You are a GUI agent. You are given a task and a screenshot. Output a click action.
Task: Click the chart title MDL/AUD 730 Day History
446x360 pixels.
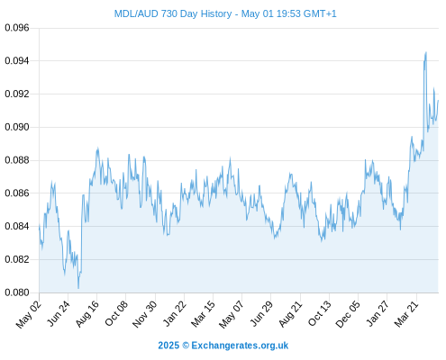pos(173,13)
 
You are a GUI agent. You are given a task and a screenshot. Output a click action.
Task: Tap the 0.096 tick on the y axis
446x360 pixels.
pos(17,28)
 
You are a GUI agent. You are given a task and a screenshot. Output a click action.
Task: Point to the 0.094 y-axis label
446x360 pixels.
pos(17,61)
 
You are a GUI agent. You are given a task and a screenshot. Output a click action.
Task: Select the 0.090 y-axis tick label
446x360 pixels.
pos(17,127)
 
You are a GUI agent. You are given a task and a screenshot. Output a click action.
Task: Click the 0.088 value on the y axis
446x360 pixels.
pos(17,160)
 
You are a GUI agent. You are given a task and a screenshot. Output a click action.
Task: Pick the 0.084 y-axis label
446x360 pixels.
pos(17,226)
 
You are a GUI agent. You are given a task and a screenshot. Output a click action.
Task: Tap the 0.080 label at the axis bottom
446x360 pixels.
pos(17,292)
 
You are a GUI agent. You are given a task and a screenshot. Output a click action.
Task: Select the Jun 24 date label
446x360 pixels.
pos(59,313)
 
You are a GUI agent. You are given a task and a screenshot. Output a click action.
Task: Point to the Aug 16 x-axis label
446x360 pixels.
pos(86,314)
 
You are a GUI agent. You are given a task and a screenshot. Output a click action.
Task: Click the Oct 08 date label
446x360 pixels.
pos(116,313)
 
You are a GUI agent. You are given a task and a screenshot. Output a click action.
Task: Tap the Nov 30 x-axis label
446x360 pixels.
pos(144,314)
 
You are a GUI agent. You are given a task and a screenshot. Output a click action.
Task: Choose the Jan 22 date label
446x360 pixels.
pos(174,313)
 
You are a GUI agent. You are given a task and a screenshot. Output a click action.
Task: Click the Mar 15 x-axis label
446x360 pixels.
pos(203,314)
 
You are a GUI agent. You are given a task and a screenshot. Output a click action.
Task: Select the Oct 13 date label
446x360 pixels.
pos(320,313)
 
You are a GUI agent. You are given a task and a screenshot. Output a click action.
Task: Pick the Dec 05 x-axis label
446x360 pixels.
pos(348,314)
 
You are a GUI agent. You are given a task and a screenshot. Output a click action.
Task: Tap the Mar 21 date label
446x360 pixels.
pos(406,314)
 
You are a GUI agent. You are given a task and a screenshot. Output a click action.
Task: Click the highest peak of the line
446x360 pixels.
pos(426,52)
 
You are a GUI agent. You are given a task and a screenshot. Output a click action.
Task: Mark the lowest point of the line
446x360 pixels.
pos(78,288)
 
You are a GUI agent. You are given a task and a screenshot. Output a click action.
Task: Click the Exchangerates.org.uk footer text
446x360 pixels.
pos(240,346)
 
